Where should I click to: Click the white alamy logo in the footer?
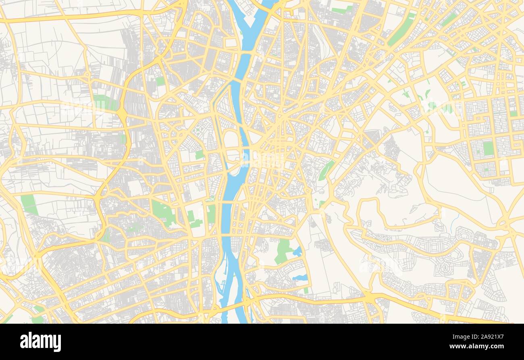(x=41, y=342)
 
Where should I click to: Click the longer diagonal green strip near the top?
(x=401, y=29)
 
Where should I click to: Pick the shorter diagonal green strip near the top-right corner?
(x=448, y=19)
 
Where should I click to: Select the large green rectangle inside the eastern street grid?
(x=488, y=148)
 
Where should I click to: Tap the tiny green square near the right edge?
(x=513, y=114)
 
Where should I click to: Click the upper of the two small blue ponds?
(x=297, y=252)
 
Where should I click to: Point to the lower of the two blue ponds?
(x=300, y=277)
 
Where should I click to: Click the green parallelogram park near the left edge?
(x=29, y=205)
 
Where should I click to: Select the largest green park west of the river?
(x=163, y=212)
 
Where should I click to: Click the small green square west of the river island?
(x=199, y=154)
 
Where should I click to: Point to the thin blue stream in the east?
(x=455, y=221)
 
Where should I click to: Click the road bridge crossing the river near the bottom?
(x=236, y=305)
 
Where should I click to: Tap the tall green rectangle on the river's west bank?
(x=211, y=214)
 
